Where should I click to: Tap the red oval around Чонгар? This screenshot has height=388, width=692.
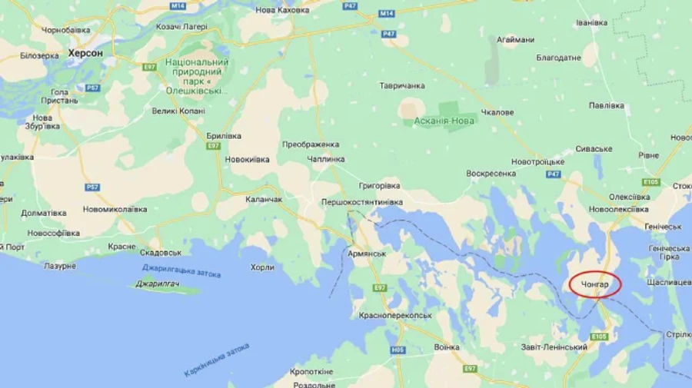[596, 285]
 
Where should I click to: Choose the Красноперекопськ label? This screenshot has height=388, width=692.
[396, 315]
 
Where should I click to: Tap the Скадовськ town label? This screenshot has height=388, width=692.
[161, 252]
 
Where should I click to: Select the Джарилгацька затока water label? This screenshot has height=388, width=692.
[181, 271]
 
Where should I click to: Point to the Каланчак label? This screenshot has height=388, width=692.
[264, 199]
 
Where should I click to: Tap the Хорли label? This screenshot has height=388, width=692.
[261, 267]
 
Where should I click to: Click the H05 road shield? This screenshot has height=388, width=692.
[398, 350]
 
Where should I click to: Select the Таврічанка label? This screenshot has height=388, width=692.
[402, 86]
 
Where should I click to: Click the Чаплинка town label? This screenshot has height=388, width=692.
[324, 159]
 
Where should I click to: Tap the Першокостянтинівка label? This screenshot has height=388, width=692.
[361, 202]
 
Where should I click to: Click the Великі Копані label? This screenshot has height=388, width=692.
[178, 111]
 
